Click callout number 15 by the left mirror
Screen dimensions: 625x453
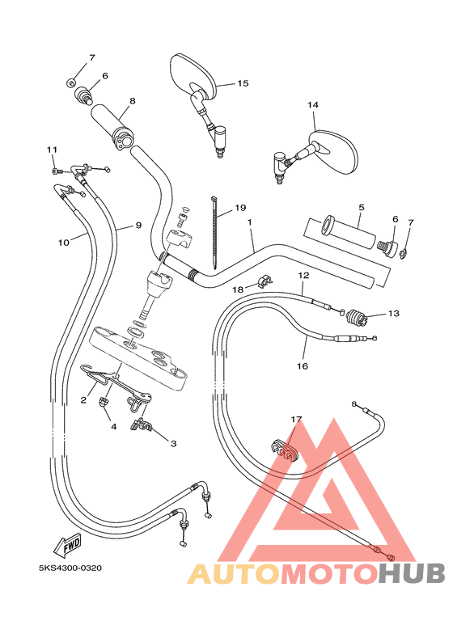point(243,83)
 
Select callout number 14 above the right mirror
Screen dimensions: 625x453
point(313,105)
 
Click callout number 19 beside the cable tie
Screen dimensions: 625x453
point(240,208)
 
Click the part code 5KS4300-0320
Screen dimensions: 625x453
point(70,568)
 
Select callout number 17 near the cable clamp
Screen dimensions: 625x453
point(297,420)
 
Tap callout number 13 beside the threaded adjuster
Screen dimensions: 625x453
point(394,314)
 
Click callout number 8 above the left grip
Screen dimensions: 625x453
point(132,101)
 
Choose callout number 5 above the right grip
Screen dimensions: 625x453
point(361,207)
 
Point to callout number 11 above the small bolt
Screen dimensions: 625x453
point(52,150)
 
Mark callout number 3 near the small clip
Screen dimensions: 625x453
point(172,443)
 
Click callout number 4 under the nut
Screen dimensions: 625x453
point(113,426)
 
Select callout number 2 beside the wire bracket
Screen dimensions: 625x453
point(83,399)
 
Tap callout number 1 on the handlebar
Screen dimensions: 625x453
point(251,222)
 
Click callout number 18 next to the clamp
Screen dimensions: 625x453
point(238,289)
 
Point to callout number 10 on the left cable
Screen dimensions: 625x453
point(63,242)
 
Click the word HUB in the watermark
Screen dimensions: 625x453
point(412,573)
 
